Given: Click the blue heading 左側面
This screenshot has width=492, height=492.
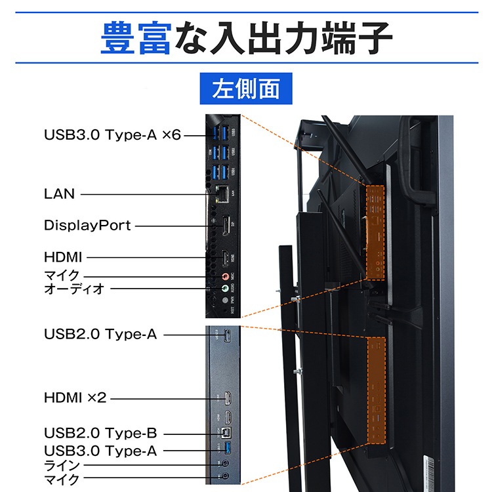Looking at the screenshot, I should click(x=245, y=89).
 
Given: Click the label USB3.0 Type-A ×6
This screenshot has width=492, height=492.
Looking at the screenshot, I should click(x=112, y=135).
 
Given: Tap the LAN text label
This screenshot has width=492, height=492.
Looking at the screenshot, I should click(x=60, y=194).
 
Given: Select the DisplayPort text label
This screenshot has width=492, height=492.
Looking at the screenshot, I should click(x=87, y=226).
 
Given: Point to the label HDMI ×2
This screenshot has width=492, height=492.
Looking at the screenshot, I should click(x=75, y=398).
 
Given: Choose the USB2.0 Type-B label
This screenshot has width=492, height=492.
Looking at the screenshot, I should click(x=100, y=434).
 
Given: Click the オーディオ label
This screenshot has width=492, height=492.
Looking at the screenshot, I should click(x=74, y=289).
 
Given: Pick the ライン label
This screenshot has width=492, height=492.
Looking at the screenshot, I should click(x=62, y=466).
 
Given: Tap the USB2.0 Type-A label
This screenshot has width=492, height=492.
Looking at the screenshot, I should click(x=100, y=334).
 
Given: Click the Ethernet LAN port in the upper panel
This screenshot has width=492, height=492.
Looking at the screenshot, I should click(x=222, y=194).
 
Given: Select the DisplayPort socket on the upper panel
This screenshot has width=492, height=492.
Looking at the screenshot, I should click(x=224, y=226).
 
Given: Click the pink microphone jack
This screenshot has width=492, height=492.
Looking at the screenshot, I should click(x=225, y=276).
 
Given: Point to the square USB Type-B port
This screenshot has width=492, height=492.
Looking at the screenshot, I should click(x=226, y=434).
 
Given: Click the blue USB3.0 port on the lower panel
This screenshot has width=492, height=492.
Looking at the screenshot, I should click(x=227, y=451).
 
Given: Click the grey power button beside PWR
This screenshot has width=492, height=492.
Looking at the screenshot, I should click(x=225, y=301).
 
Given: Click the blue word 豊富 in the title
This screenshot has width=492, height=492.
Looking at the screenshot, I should click(x=136, y=39).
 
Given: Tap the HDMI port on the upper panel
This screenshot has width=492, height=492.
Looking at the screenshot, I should click(x=224, y=258).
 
